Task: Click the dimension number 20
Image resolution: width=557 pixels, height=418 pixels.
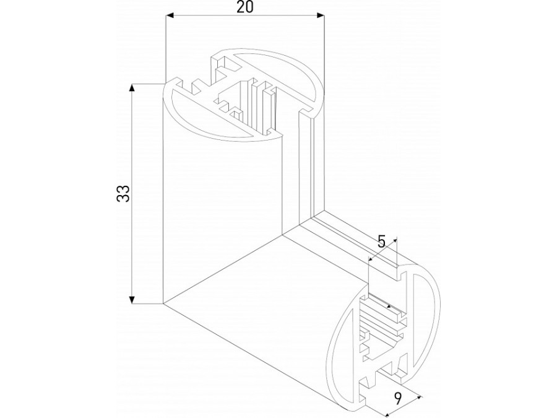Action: click(246, 7)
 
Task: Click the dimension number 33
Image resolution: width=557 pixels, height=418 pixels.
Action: click(123, 194)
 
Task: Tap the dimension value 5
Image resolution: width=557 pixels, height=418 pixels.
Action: click(382, 242)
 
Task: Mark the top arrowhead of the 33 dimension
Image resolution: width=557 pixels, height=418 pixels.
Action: click(132, 89)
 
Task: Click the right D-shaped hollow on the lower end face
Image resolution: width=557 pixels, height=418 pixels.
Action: click(426, 322)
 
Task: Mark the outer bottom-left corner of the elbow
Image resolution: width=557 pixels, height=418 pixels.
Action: click(163, 303)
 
